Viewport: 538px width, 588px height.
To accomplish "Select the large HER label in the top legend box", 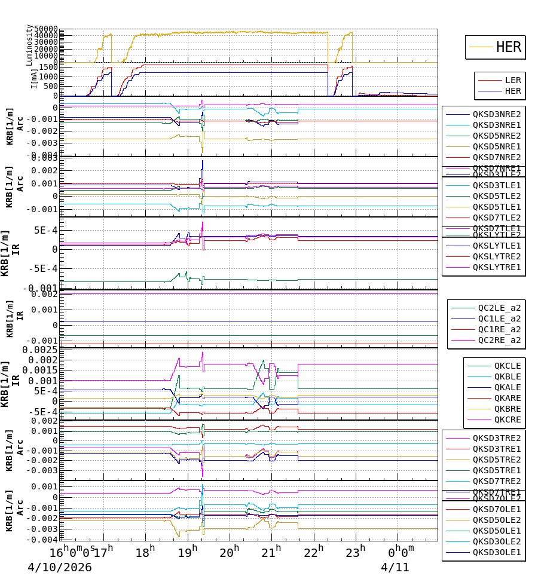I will click(x=508, y=47).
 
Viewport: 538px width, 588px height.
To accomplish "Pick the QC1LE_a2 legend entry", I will click(x=499, y=318).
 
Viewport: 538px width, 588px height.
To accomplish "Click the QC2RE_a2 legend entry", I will click(x=499, y=340).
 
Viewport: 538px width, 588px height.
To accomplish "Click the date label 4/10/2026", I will click(x=60, y=567).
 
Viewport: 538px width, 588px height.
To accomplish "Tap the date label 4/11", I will click(x=395, y=567).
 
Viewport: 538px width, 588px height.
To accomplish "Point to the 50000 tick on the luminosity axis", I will click(x=45, y=29).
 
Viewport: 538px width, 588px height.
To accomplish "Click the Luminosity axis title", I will click(x=29, y=45).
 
